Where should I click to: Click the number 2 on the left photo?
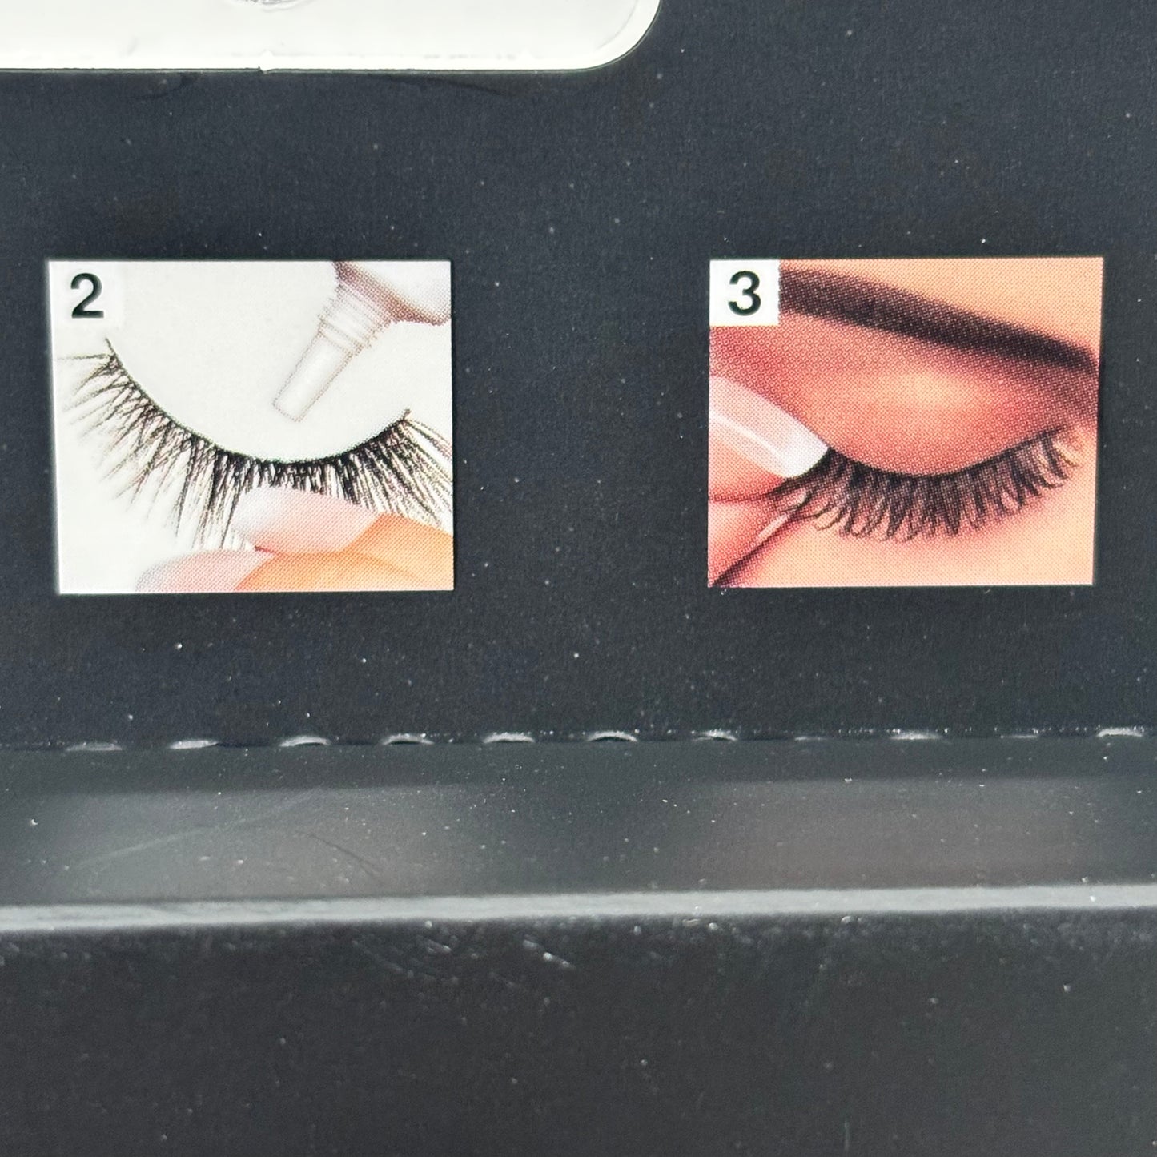pos(86,299)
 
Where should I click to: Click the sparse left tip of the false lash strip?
pos(88,376)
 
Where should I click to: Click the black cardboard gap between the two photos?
pos(581,424)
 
